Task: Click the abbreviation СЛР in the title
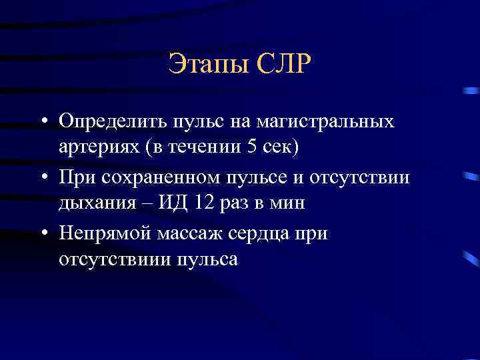point(281,65)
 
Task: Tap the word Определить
point(111,123)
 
